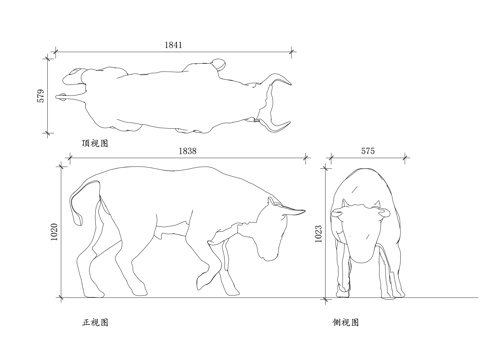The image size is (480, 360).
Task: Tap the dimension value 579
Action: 41,97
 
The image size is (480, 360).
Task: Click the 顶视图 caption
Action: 95,143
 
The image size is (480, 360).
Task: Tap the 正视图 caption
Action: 95,323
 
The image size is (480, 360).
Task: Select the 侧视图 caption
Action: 347,323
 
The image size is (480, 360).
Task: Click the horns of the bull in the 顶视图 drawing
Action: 275,100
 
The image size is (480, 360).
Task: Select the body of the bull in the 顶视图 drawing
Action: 160,98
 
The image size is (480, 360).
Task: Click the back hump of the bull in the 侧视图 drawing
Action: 366,180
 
